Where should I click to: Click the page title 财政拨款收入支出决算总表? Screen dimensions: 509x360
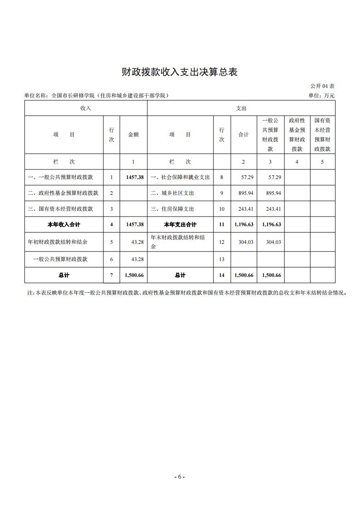coord(180,72)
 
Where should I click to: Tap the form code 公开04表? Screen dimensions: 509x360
coord(322,86)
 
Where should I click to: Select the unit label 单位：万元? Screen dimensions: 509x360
coord(321,96)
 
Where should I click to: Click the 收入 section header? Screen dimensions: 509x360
coord(86,108)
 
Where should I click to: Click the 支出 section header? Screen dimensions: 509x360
coord(241,108)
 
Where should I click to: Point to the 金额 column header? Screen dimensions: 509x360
coord(133,135)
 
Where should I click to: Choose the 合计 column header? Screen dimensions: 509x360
coord(244,135)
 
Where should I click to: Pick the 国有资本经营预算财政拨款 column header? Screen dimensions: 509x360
coord(322,135)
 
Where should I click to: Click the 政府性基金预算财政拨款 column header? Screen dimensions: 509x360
coord(297,135)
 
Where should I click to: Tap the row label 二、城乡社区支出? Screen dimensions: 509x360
coord(172,193)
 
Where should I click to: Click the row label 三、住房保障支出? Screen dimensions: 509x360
coord(172,209)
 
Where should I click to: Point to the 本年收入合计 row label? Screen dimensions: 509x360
coord(64,224)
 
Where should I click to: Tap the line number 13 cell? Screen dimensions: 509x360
coord(222,259)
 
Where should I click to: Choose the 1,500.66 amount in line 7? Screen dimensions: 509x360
coord(134,275)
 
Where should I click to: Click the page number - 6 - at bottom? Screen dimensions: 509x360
coord(180,476)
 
